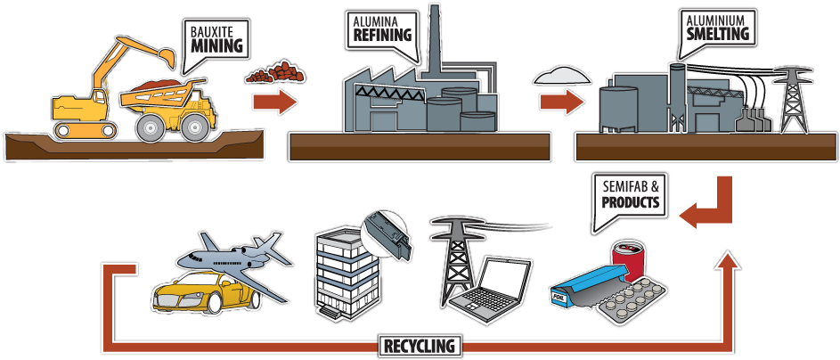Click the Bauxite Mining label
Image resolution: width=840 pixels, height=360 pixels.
217,39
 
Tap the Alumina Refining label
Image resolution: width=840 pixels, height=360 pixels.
380,29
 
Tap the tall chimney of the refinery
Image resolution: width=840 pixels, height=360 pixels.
435,45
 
